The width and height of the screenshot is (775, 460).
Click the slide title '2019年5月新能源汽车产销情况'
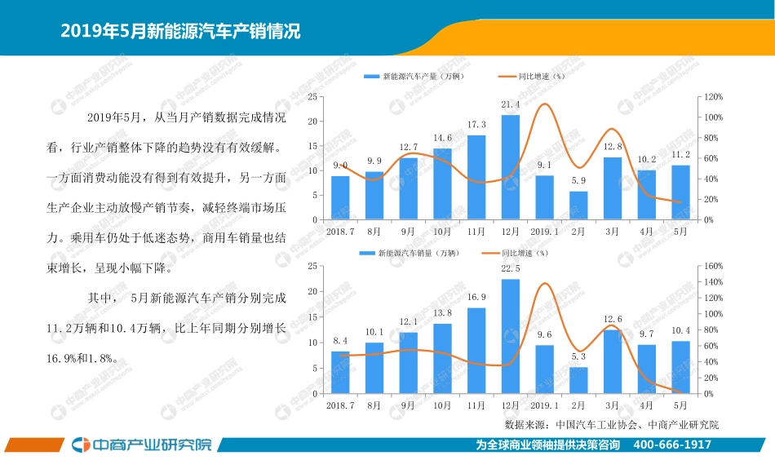[180, 32]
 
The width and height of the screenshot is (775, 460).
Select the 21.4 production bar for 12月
[511, 167]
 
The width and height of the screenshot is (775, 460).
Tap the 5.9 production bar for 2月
[578, 206]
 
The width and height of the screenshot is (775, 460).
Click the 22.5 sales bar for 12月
[511, 337]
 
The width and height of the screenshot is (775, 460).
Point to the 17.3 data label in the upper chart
[476, 124]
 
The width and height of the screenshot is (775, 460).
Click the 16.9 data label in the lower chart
[476, 298]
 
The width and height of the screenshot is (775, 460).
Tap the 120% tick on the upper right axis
[714, 97]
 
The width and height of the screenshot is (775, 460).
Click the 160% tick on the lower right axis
[714, 266]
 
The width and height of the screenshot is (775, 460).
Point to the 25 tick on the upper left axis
[312, 97]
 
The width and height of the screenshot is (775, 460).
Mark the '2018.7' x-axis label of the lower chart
[340, 405]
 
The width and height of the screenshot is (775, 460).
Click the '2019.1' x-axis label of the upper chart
[544, 232]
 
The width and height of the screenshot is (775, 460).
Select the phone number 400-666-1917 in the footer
[672, 445]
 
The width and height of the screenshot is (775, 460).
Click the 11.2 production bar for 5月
[680, 192]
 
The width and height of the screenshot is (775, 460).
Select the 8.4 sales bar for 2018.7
[340, 373]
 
